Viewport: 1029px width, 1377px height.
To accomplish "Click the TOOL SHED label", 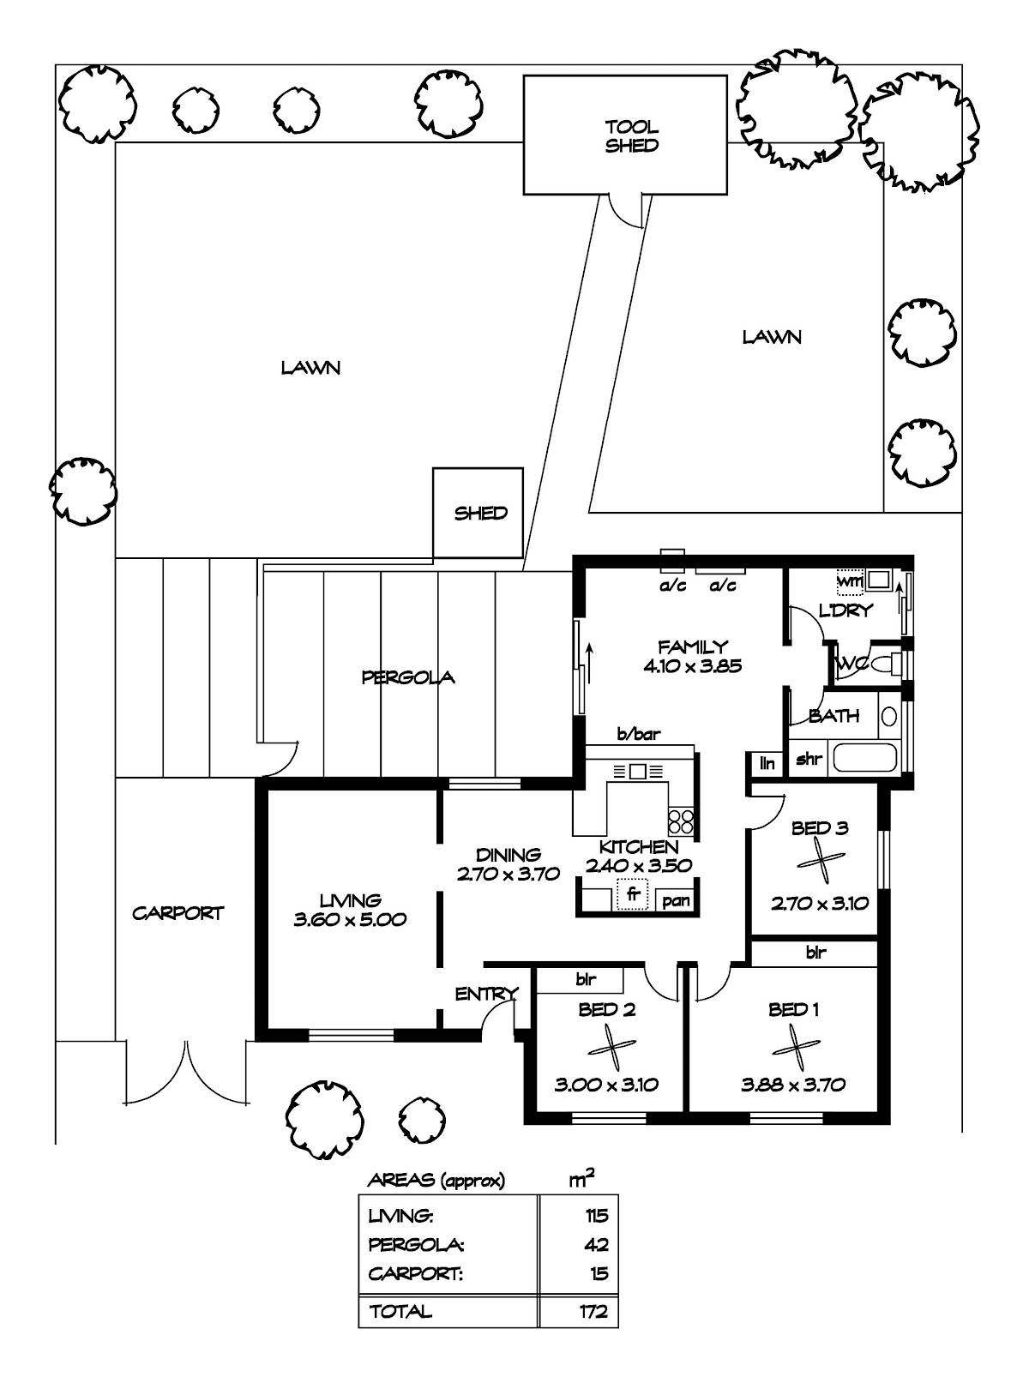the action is pyautogui.click(x=631, y=136).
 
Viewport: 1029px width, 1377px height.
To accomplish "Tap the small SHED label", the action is pyautogui.click(x=480, y=514).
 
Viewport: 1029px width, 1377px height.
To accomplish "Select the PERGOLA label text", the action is pyautogui.click(x=408, y=676).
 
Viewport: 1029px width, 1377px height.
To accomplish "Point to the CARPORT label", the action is pyautogui.click(x=178, y=913).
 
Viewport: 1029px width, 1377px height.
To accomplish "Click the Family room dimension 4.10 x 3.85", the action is pyautogui.click(x=693, y=665).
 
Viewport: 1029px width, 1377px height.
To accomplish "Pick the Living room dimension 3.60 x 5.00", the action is pyautogui.click(x=350, y=920).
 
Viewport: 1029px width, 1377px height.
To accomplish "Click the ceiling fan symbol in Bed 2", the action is pyautogui.click(x=611, y=1047).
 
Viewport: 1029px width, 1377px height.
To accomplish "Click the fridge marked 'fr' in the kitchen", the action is pyautogui.click(x=633, y=895).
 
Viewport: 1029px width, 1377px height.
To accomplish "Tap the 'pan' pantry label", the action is pyautogui.click(x=676, y=901).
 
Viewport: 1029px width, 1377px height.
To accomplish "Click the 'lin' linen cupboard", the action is pyautogui.click(x=767, y=763).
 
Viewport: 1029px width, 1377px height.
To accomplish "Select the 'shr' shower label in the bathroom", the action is pyautogui.click(x=808, y=759).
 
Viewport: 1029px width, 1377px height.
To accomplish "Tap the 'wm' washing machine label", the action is pyautogui.click(x=850, y=581).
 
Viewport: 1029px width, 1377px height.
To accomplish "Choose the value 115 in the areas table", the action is pyautogui.click(x=597, y=1216).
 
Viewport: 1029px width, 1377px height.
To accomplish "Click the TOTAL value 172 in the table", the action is pyautogui.click(x=593, y=1311).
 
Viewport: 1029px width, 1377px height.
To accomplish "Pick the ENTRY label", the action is pyautogui.click(x=486, y=994).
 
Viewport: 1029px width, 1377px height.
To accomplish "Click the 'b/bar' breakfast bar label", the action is pyautogui.click(x=639, y=733).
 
